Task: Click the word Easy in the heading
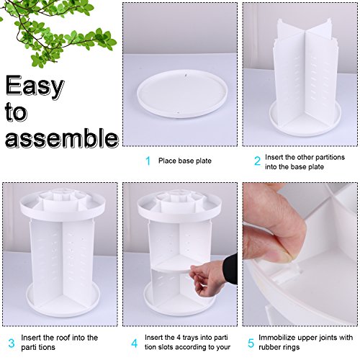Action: pyautogui.click(x=35, y=86)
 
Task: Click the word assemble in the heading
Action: pyautogui.click(x=62, y=138)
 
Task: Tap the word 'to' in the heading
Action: pyautogui.click(x=16, y=112)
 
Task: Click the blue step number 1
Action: pyautogui.click(x=148, y=161)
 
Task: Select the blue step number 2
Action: pyautogui.click(x=257, y=161)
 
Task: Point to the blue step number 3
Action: pyautogui.click(x=12, y=343)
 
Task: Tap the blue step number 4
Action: pyautogui.click(x=135, y=343)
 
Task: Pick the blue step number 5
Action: pyautogui.click(x=251, y=343)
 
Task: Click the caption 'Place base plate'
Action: pyautogui.click(x=185, y=161)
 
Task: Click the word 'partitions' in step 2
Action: pyautogui.click(x=330, y=158)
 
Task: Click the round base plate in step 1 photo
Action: pyautogui.click(x=182, y=94)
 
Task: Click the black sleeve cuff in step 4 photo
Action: pyautogui.click(x=230, y=269)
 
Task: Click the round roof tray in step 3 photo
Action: pyautogui.click(x=63, y=206)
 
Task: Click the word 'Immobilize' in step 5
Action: pyautogui.click(x=277, y=338)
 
